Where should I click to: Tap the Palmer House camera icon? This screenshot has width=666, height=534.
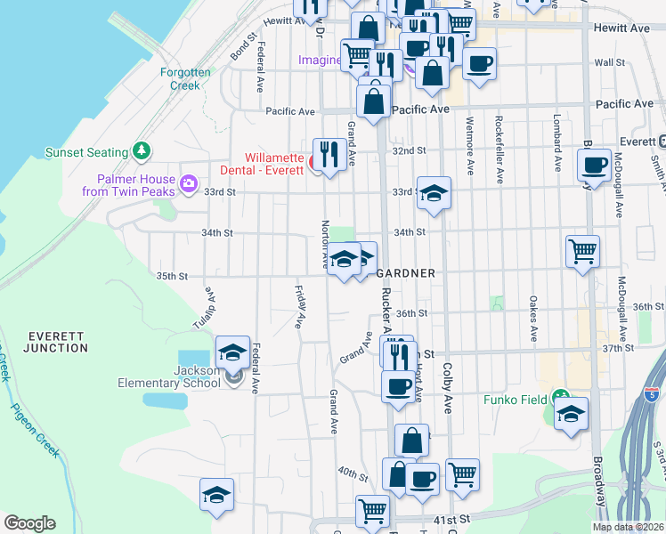[189, 184]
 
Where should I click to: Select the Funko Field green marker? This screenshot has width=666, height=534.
[559, 397]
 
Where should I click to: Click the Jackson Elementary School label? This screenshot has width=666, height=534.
[169, 376]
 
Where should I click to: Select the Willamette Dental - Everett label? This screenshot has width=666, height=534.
[263, 161]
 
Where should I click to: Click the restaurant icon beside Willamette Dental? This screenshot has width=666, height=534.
[329, 154]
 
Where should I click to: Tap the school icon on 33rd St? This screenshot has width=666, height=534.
[433, 192]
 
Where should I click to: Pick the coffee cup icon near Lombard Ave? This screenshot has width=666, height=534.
[594, 165]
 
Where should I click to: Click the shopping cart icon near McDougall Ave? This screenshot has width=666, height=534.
[582, 251]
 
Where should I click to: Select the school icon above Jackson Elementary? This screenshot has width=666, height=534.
[232, 352]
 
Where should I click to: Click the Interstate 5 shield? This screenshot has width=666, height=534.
[654, 393]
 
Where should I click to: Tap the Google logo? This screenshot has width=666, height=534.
[29, 523]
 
